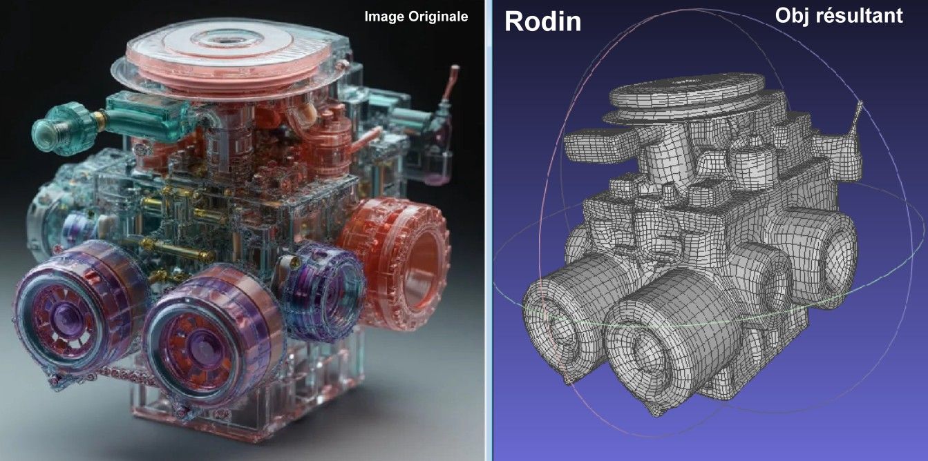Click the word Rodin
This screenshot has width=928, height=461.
point(542,21)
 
